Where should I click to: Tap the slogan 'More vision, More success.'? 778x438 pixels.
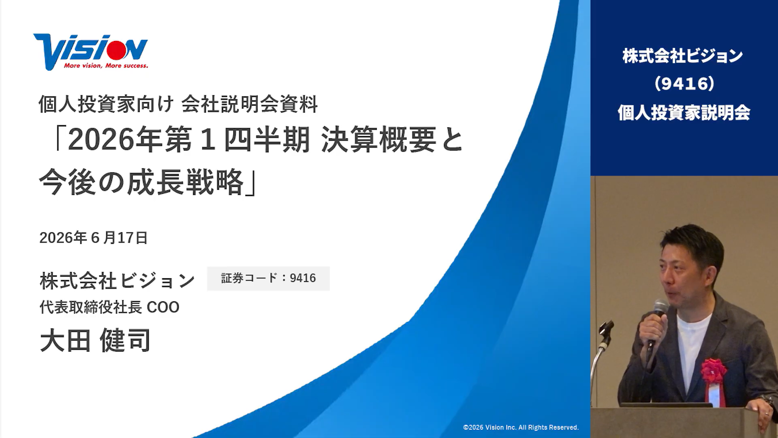click(106, 66)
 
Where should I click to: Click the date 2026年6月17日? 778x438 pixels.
click(93, 238)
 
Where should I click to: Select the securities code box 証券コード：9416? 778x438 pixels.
click(268, 278)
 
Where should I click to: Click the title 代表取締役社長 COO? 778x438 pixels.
click(109, 307)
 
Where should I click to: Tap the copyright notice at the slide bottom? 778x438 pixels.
click(521, 427)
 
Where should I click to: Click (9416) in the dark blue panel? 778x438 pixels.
click(684, 84)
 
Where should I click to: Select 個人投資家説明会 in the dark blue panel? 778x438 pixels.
click(684, 112)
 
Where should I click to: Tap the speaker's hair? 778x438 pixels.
click(695, 243)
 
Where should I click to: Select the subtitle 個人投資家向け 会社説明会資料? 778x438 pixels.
click(178, 104)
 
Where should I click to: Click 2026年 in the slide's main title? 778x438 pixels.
click(116, 140)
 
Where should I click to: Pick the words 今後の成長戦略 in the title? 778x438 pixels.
click(141, 182)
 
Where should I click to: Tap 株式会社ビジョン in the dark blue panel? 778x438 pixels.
click(683, 56)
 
